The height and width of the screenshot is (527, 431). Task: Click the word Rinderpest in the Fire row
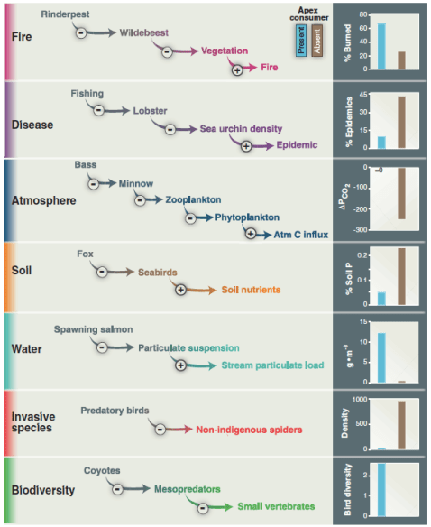coord(66,15)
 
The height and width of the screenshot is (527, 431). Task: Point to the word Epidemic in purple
coord(298,145)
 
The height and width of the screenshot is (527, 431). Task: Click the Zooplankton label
coord(193,199)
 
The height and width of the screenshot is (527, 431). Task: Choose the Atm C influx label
coord(299,234)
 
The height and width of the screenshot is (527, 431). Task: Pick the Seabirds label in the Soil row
coord(159,272)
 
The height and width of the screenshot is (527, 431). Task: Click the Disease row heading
coord(33,125)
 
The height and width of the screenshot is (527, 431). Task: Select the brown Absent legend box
coord(316,41)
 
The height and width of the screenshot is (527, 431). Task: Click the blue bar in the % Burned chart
coord(381,46)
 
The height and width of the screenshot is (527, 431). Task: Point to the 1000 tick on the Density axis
coord(359,399)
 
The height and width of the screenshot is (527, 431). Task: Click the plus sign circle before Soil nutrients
coord(180,290)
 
